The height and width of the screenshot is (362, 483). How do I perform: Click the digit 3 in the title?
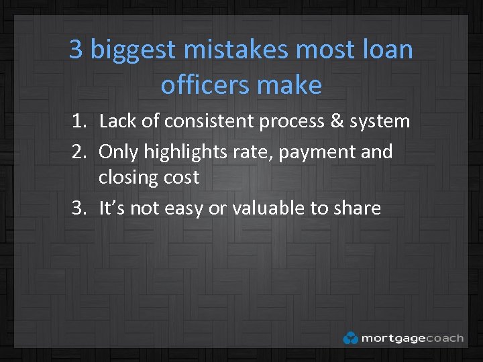coord(76,50)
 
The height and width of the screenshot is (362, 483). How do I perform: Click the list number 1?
coord(78,121)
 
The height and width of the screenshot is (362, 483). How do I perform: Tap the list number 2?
coord(78,152)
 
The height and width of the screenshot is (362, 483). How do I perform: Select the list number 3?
coord(78,208)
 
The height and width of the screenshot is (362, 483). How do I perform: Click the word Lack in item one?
coord(117,121)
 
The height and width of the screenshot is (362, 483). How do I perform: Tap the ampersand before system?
coord(336,121)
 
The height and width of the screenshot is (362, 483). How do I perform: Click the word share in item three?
coord(356,208)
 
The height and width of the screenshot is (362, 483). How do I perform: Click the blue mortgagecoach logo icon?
coord(350,338)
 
